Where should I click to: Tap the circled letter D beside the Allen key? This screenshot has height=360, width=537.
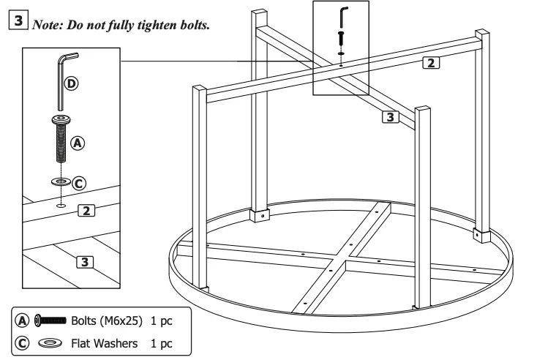tap(71, 83)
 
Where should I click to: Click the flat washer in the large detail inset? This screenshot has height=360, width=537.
tap(61, 181)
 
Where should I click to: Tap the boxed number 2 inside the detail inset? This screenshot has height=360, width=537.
tap(86, 211)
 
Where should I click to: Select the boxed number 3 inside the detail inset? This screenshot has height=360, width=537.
tap(85, 261)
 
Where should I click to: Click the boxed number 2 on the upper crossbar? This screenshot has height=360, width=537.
tap(432, 62)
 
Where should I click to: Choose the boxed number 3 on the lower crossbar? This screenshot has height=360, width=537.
tap(391, 116)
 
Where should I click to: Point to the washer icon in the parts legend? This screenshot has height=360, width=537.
tap(50, 342)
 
